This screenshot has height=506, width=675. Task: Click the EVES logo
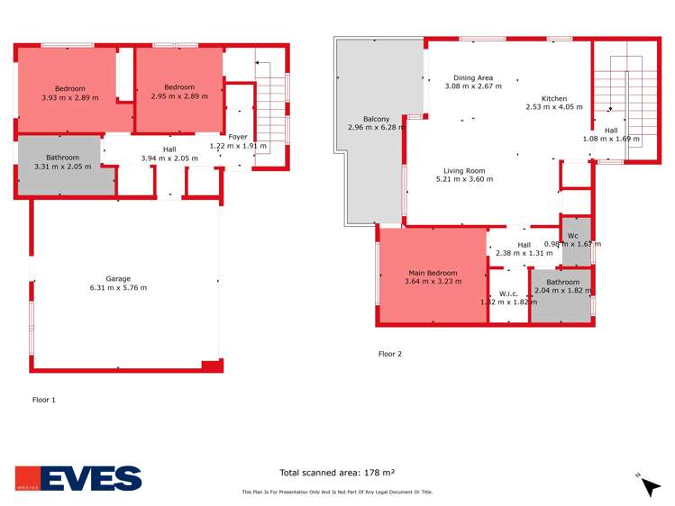[78, 478]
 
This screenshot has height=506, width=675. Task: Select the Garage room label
[118, 278]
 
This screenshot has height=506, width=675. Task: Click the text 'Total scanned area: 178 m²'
[337, 472]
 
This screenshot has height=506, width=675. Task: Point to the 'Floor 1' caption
[44, 399]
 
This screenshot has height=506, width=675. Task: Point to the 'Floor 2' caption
[389, 354]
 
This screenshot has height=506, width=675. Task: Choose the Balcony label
[376, 119]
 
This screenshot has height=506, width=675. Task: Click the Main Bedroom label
[433, 273]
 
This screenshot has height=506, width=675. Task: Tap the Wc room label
[572, 236]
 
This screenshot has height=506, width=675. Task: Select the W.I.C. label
[507, 294]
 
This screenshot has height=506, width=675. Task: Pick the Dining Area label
[472, 78]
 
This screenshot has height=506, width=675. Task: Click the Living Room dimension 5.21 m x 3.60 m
[464, 179]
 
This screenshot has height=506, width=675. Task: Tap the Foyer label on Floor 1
[238, 137]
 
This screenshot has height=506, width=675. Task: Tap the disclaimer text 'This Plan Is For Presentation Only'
[337, 492]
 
